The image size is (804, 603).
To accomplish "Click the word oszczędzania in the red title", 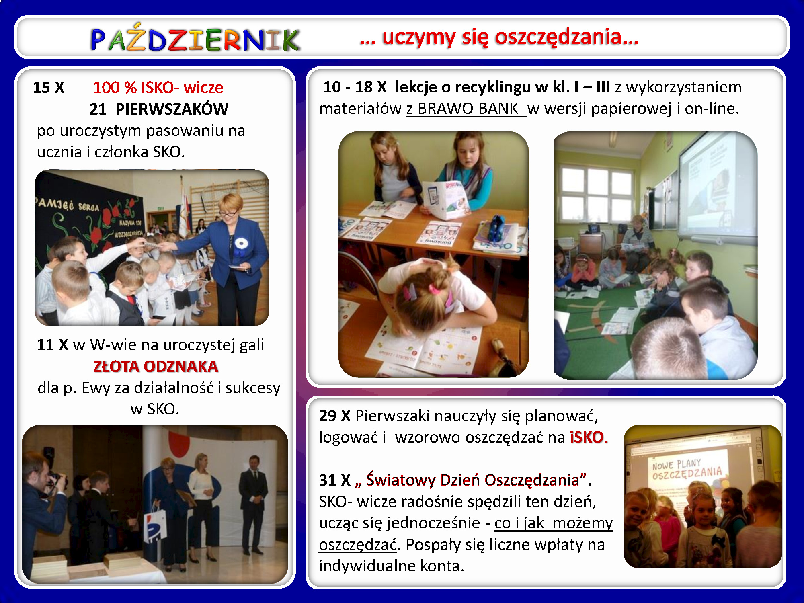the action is coord(566,37).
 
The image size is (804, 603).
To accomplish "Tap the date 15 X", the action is coord(48,88).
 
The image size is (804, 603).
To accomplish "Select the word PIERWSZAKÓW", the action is coord(172,109).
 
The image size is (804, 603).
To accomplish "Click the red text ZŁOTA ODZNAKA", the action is coord(156,366).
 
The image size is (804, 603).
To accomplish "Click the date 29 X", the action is coord(334,416).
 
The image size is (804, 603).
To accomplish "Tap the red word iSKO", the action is coord(588,437).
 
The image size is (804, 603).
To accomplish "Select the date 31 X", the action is coord(334,480).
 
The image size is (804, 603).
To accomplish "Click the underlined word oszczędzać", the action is coord(358,545).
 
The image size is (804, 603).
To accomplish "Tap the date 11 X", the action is coord(52,345).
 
